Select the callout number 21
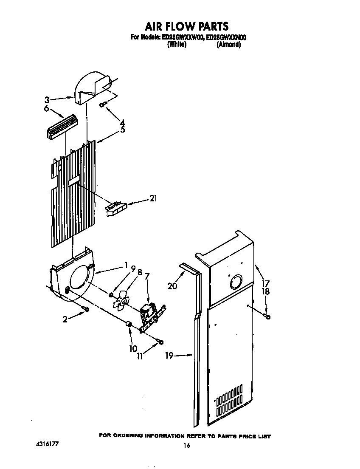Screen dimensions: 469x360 (152, 198)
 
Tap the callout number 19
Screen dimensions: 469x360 (169, 356)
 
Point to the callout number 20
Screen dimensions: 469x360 (172, 286)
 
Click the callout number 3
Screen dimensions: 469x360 (47, 100)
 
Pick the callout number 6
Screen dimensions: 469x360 (47, 109)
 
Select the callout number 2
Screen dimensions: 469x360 (65, 319)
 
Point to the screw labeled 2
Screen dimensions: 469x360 (86, 309)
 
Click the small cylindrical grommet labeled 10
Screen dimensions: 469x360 (128, 325)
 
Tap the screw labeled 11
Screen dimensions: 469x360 (160, 342)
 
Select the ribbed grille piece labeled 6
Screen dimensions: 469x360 (62, 126)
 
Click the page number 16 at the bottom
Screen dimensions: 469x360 (186, 446)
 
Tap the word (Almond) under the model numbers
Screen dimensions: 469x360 (229, 45)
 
